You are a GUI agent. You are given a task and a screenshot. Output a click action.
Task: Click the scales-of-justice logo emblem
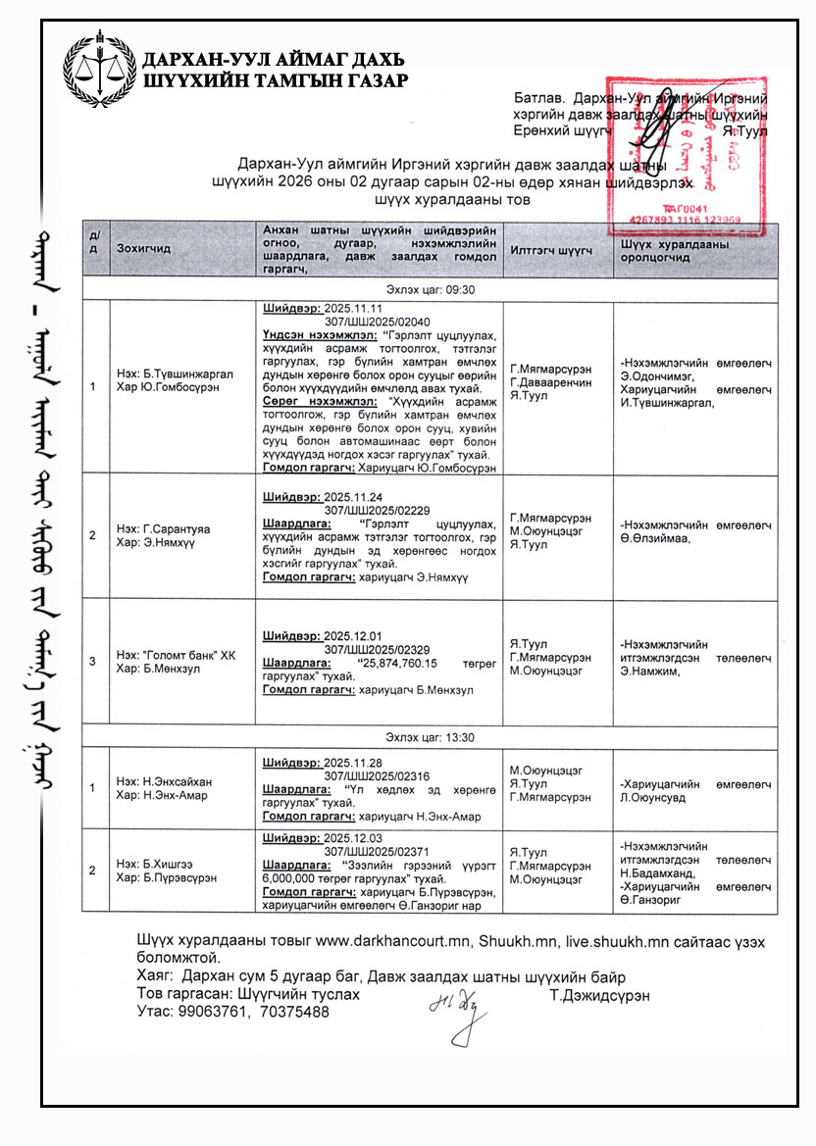99,70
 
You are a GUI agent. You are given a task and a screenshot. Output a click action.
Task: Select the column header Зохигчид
143,248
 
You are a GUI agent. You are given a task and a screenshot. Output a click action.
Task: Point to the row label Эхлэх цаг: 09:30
431,290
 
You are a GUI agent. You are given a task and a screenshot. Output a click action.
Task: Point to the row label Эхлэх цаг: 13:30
431,737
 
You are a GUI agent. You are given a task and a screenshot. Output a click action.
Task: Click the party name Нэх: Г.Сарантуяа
164,528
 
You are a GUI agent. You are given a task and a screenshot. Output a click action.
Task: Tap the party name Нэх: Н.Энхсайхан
164,781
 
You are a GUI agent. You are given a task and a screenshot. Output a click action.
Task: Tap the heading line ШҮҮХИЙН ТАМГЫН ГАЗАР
275,80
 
